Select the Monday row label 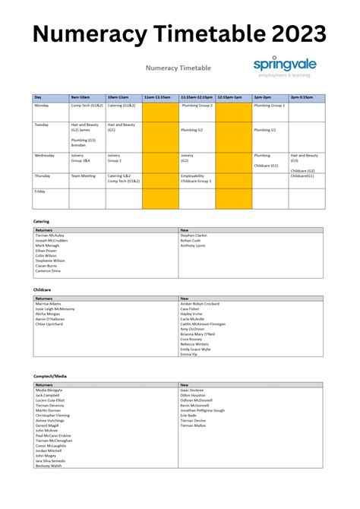42,106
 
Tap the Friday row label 39,191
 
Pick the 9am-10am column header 81,97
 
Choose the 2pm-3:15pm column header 302,97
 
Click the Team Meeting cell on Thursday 84,175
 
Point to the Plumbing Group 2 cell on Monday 197,106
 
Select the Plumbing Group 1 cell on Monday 270,106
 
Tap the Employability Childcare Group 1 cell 196,179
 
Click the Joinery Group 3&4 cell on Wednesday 81,158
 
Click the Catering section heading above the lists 42,221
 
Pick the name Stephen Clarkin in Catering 194,236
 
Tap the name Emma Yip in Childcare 190,354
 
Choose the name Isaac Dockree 192,390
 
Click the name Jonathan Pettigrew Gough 203,410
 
